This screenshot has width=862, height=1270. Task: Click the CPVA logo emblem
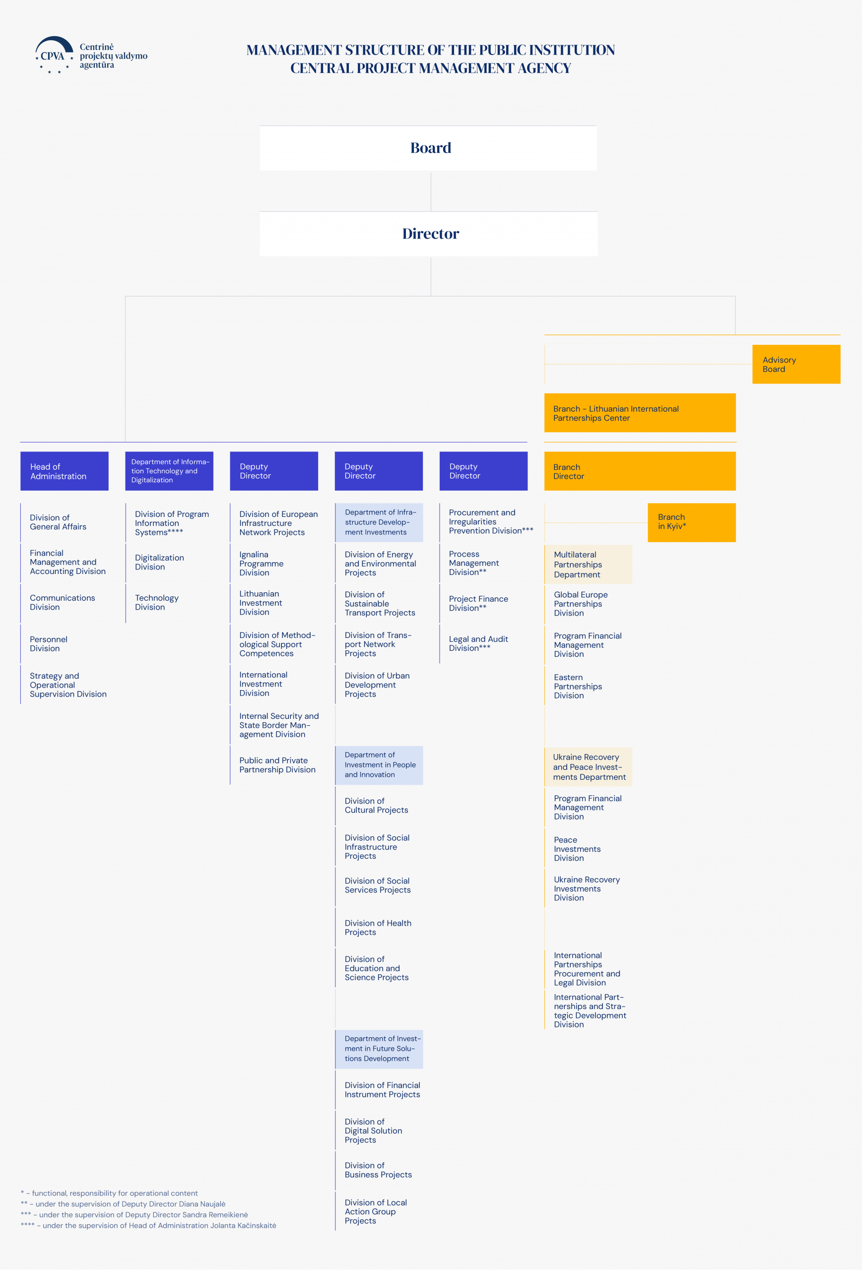54,55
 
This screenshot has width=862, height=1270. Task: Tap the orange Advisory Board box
796,364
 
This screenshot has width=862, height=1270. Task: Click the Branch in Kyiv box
691,522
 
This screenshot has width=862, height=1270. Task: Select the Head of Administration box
65,471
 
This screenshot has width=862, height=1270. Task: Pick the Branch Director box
640,471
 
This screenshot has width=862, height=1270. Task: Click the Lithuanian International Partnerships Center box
640,413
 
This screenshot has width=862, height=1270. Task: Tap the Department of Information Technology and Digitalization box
169,471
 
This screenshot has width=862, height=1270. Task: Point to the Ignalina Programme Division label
261,564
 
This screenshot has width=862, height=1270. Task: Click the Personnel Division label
49,644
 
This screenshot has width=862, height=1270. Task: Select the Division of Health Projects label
378,927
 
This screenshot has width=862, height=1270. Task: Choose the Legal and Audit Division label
478,643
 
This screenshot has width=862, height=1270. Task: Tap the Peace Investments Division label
577,849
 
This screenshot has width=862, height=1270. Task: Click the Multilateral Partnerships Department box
588,565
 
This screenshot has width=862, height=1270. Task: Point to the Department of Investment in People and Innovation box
379,765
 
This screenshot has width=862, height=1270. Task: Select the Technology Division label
157,602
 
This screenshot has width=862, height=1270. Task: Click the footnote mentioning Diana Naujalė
123,1204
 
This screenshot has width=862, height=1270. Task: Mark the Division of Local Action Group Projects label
376,1211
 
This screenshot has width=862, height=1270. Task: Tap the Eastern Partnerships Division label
578,687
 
